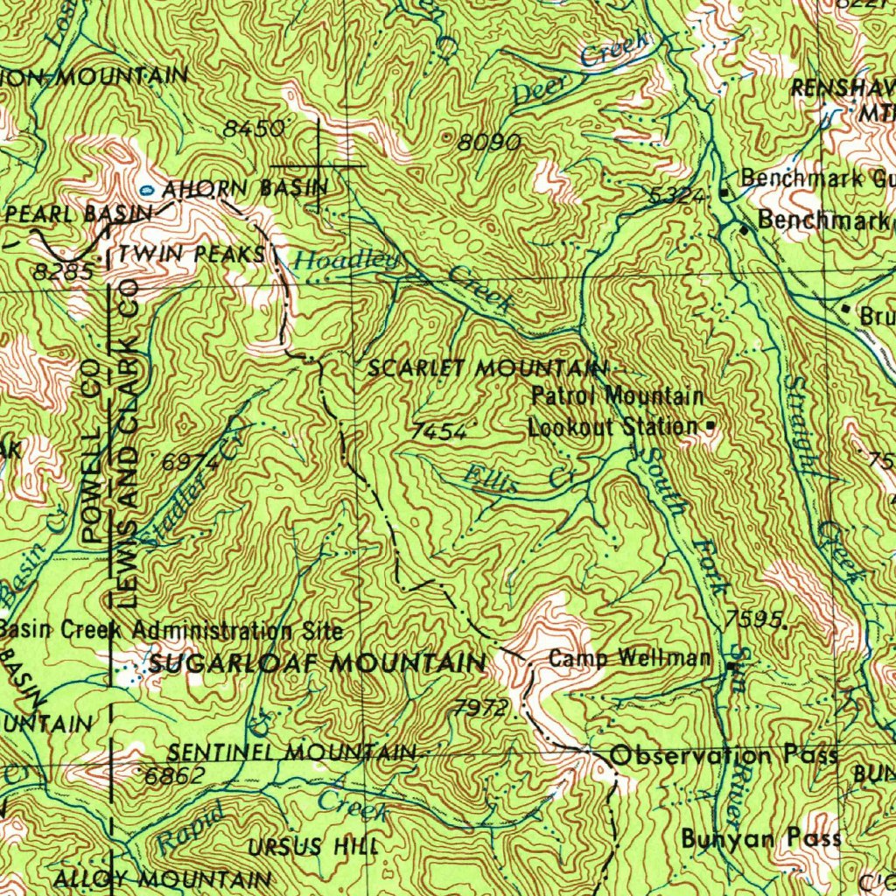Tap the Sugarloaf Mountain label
click(x=317, y=663)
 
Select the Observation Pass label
click(x=724, y=755)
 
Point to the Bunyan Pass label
click(x=761, y=838)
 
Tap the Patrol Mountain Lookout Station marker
click(x=710, y=426)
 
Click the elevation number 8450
click(x=254, y=129)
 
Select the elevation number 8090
click(x=489, y=142)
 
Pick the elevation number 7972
click(x=480, y=707)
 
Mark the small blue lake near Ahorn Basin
click(x=147, y=189)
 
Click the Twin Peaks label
click(x=192, y=254)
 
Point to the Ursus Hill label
click(x=313, y=847)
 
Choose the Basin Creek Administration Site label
click(x=171, y=629)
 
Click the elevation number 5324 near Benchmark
click(x=678, y=198)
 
